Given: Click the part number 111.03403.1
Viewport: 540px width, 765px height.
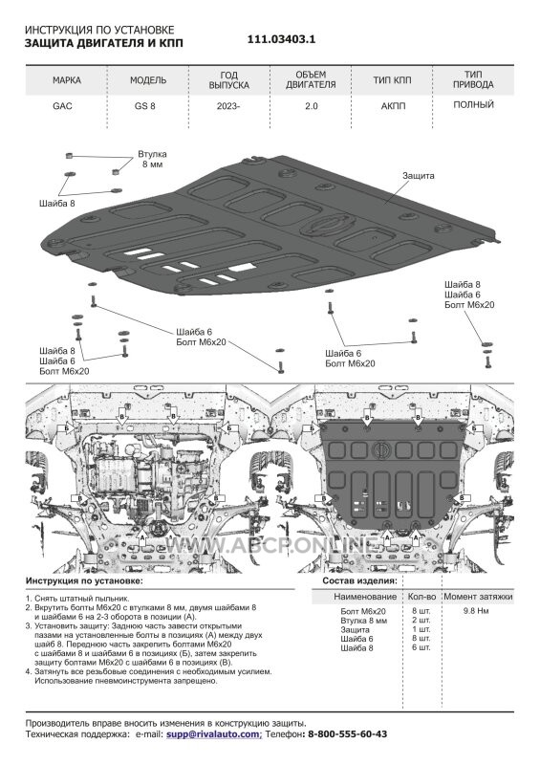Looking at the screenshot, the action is pos(281,40).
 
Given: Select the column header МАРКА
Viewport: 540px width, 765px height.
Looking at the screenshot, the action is pos(67,80).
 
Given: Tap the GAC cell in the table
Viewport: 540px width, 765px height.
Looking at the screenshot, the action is pos(62,106).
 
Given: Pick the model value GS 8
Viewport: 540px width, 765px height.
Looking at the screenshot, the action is pos(145,106).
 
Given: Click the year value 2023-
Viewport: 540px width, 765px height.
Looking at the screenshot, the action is pos(228,106).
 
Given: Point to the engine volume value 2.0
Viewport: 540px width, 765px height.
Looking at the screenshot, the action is pos(312,106).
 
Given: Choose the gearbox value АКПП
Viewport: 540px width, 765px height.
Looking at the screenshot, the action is pos(393,106).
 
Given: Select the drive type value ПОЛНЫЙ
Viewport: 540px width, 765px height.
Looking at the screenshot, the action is pos(474,104).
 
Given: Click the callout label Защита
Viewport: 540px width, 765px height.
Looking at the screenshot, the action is pos(418,176).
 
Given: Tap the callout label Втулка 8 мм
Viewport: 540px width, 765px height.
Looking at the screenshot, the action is pos(152,159).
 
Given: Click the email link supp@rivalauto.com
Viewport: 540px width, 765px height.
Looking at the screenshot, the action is pos(214,734).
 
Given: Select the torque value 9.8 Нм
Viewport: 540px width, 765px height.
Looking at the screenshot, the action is pos(476,611).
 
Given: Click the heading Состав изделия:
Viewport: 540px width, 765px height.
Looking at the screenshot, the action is pos(359,581).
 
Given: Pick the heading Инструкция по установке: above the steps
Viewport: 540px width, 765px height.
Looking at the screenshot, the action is pos(84,581).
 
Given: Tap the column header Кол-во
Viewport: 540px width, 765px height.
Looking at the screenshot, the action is pos(421,597).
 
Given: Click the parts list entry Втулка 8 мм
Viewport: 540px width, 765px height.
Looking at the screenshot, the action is pos(363,621).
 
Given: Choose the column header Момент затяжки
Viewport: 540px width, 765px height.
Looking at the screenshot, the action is pos(478,597).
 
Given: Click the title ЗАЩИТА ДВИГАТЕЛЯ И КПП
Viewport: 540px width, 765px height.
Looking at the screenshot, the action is pos(104,43).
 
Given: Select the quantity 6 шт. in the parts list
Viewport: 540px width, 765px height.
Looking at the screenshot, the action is pos(421,648).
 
